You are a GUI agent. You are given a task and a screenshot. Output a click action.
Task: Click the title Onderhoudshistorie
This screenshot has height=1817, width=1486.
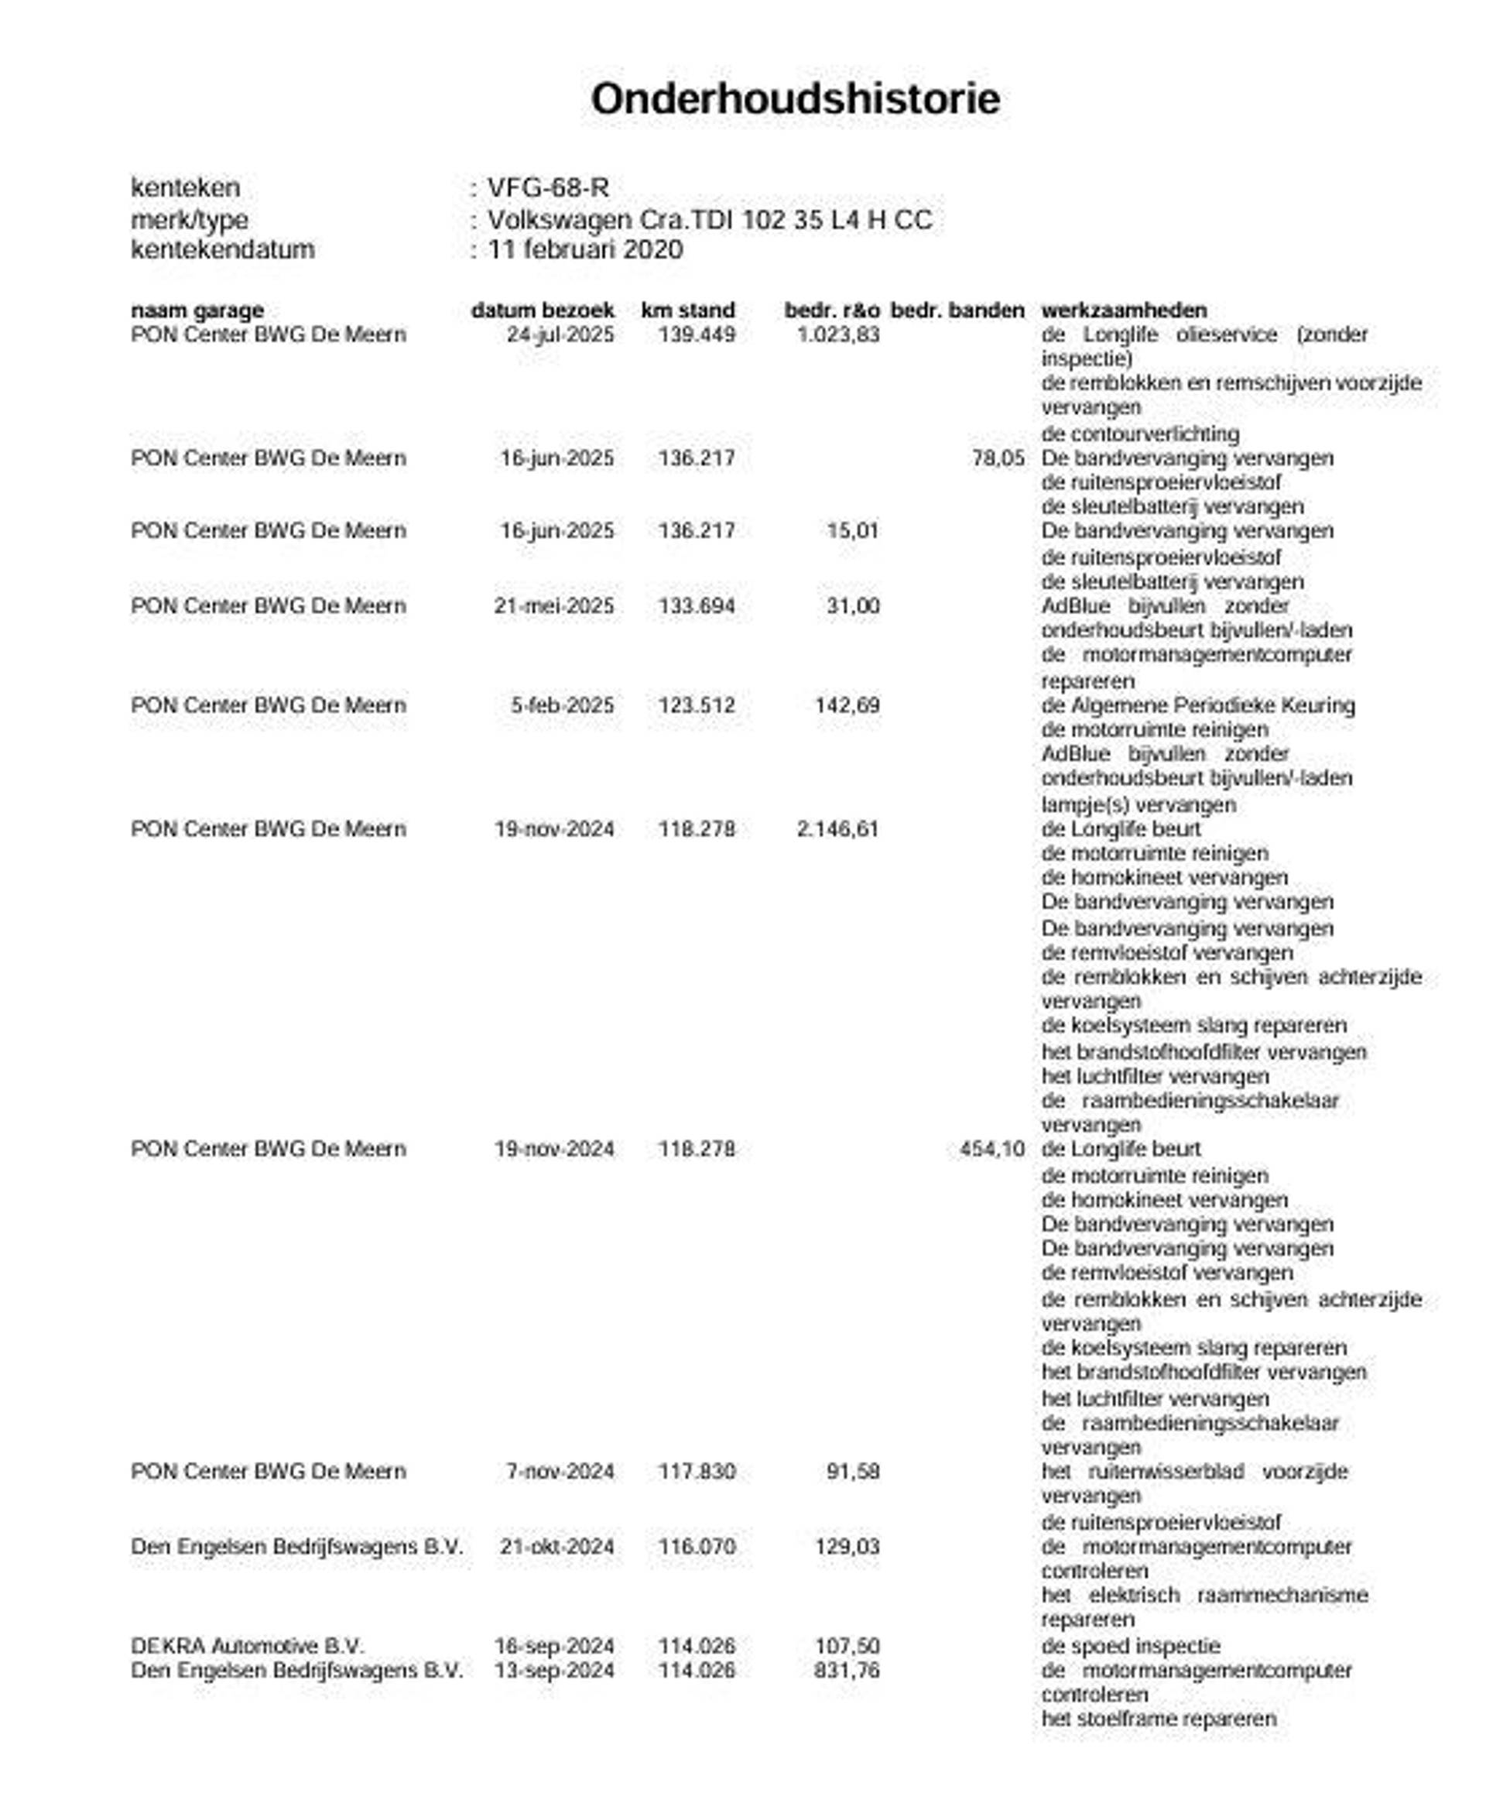coord(794,99)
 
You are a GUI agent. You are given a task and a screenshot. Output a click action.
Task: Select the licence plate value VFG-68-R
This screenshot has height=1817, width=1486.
coord(548,187)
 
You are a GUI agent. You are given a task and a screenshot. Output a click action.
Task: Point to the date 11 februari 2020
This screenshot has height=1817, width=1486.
coord(584,250)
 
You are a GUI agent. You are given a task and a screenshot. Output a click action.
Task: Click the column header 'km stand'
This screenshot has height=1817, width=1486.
coord(687,310)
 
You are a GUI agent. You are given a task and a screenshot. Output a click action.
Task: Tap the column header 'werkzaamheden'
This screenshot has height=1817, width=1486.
coord(1124,310)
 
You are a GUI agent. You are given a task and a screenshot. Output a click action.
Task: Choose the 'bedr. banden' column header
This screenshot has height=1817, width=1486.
coord(957,310)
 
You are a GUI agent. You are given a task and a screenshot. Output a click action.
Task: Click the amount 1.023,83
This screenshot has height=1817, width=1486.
coord(837,334)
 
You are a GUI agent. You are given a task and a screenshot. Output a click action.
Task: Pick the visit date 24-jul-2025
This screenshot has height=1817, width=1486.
coord(560,334)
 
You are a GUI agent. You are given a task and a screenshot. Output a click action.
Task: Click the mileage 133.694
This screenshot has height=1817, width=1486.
coord(696,606)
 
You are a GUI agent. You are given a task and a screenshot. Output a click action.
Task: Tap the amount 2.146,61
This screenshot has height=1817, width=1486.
coord(837,829)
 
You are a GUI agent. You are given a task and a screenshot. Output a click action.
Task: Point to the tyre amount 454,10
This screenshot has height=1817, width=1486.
coord(991,1149)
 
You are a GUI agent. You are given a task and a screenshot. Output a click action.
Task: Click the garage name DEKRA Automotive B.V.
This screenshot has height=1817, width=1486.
coord(248,1645)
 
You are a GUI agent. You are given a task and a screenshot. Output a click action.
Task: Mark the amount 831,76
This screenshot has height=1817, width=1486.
coord(847,1670)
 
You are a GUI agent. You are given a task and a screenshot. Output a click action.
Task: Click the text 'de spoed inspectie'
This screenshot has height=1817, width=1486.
coord(1130,1646)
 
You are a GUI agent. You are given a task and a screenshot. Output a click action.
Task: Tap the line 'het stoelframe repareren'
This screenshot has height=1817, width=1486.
coord(1158,1718)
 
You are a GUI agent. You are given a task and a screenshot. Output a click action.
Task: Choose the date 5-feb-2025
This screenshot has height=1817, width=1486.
coord(563,705)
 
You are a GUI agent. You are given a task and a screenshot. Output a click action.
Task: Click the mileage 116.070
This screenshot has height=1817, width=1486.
coord(696,1546)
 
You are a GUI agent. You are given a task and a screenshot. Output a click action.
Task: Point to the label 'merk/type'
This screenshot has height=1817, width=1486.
coord(189,220)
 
